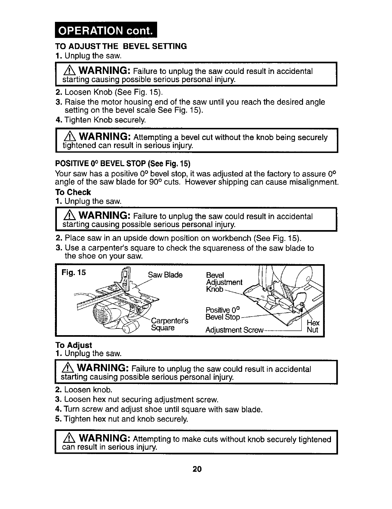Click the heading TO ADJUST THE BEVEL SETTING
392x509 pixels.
(121, 46)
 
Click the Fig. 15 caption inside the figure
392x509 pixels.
(74, 273)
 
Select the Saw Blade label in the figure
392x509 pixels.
(165, 275)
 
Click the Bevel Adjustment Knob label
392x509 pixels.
(224, 282)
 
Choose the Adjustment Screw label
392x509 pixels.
(235, 330)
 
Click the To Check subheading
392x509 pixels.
(73, 192)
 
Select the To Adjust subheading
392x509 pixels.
(74, 345)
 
